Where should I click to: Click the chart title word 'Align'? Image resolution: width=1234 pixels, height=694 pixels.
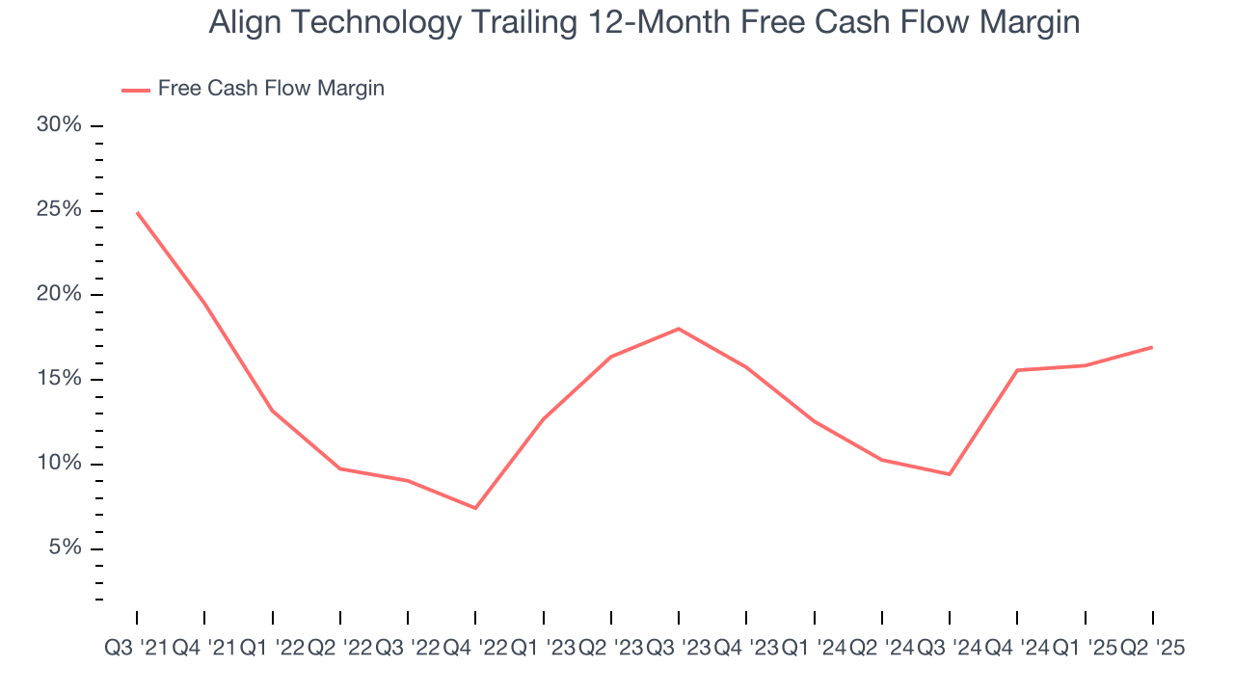click(x=241, y=23)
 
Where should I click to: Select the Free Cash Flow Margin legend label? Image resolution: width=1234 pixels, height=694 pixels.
click(x=271, y=89)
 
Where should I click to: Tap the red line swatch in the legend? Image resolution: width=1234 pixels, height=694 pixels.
click(x=136, y=90)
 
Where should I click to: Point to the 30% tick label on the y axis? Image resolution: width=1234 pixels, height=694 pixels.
click(x=60, y=126)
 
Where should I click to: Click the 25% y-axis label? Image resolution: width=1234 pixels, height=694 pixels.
click(x=60, y=211)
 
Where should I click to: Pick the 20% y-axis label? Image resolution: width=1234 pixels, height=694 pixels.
click(x=60, y=295)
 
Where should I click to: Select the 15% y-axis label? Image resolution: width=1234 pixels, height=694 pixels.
click(x=60, y=380)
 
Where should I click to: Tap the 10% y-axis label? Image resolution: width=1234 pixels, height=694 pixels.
click(x=60, y=464)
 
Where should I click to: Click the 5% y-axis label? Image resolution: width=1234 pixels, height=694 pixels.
click(x=65, y=548)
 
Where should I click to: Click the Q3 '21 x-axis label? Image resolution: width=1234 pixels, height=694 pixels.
click(x=136, y=649)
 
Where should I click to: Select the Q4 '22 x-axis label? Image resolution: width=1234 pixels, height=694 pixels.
click(x=475, y=649)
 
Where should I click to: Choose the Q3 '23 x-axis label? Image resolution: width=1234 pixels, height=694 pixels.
click(x=679, y=649)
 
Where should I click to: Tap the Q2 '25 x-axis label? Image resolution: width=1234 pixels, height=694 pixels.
click(x=1152, y=649)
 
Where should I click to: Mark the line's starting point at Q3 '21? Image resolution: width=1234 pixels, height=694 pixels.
click(x=137, y=212)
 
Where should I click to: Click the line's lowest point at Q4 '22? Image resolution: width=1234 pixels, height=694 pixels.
click(x=475, y=508)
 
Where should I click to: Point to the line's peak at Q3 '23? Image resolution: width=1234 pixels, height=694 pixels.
click(x=679, y=329)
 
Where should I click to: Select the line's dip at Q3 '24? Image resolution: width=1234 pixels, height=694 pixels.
click(x=950, y=474)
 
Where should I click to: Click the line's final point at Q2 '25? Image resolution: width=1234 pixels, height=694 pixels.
click(x=1153, y=347)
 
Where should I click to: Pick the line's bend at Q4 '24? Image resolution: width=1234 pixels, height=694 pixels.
click(x=1017, y=370)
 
